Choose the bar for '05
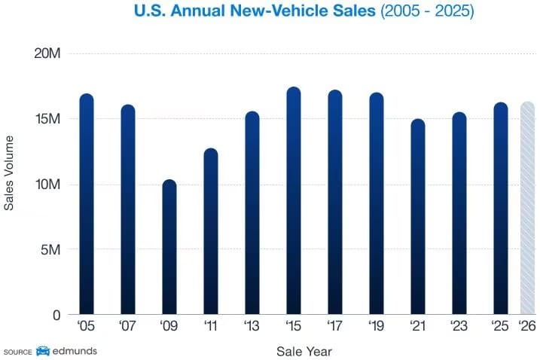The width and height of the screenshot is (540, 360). (x=87, y=204)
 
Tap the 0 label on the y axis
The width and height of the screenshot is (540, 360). (x=57, y=315)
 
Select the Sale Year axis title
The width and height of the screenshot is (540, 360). (x=304, y=351)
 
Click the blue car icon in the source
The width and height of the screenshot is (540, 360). (x=43, y=351)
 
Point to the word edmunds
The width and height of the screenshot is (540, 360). (x=75, y=351)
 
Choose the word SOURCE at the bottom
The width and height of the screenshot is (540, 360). (x=17, y=352)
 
